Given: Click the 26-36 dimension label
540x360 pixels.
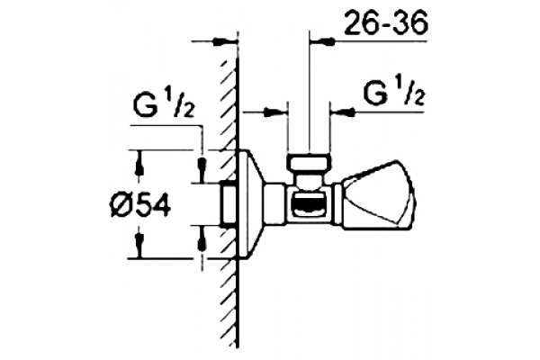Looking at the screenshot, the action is pyautogui.click(x=386, y=23).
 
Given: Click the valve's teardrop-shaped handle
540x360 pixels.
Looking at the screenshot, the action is pyautogui.click(x=377, y=196).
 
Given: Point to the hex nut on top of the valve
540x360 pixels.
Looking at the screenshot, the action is pyautogui.click(x=310, y=163).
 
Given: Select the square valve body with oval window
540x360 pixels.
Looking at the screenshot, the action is pyautogui.click(x=309, y=205).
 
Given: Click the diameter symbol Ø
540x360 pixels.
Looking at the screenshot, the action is pyautogui.click(x=121, y=207).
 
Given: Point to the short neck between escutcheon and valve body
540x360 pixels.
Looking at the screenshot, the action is pyautogui.click(x=275, y=204).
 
